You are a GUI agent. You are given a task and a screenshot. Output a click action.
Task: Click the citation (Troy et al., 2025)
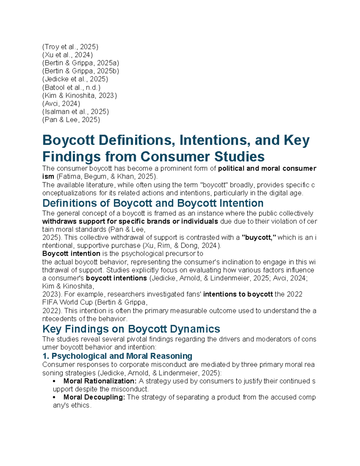[70, 47]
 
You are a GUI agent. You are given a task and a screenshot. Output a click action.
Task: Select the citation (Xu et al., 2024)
[67, 55]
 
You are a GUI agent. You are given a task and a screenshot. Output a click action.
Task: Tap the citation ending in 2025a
[81, 63]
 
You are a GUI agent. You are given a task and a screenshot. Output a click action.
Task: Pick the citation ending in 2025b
[81, 71]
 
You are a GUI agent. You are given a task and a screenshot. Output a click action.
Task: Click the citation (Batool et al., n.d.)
[71, 87]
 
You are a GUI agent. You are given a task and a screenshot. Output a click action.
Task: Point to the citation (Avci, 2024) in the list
[61, 104]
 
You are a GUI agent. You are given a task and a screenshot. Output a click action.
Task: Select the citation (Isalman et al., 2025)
[76, 112]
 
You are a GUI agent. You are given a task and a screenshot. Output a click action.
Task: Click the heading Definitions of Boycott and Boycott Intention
[153, 203]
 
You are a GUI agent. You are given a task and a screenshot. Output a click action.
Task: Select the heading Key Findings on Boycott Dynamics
[131, 329]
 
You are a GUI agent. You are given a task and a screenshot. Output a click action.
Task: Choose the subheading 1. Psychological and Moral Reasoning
[117, 356]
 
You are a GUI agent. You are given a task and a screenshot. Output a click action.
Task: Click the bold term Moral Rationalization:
[100, 381]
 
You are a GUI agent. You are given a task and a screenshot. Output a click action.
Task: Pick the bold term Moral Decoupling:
[94, 397]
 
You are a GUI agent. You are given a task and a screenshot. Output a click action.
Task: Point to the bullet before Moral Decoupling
[54, 398]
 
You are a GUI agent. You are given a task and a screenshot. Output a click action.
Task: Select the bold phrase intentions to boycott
[238, 294]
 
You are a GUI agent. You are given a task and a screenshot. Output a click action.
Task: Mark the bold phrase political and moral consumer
[267, 168]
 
